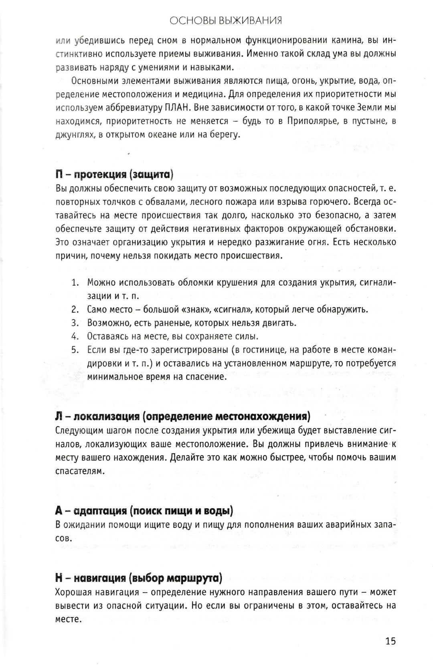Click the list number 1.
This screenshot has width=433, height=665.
click(75, 283)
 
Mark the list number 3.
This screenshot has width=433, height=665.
click(75, 323)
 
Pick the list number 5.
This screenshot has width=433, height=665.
click(75, 350)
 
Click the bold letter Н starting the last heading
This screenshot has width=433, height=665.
click(59, 578)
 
